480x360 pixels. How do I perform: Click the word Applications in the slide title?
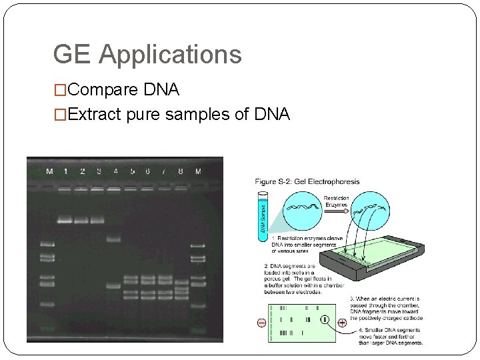[170, 55]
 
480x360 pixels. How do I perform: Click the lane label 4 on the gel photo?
[115, 171]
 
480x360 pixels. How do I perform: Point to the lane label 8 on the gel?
[181, 171]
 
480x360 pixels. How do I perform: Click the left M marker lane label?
[49, 171]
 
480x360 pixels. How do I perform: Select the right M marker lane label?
[197, 171]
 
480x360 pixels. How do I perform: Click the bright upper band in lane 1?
[65, 219]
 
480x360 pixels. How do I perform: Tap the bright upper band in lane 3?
[98, 219]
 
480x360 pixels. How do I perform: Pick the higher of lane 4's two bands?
[114, 237]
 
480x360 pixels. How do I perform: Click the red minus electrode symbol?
[261, 323]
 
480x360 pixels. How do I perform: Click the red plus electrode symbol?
[341, 323]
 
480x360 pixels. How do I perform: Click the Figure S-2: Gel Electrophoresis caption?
[307, 181]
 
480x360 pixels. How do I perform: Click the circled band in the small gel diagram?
[325, 319]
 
